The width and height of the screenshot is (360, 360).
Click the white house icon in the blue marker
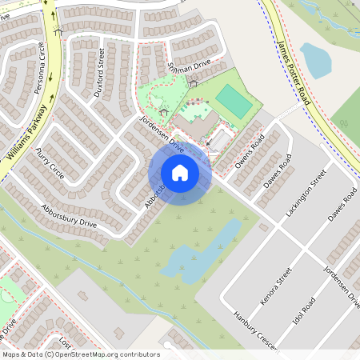click(x=180, y=172)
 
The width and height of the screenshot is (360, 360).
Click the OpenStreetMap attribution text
click(x=81, y=354)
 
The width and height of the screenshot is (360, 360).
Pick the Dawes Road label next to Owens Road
click(x=276, y=174)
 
